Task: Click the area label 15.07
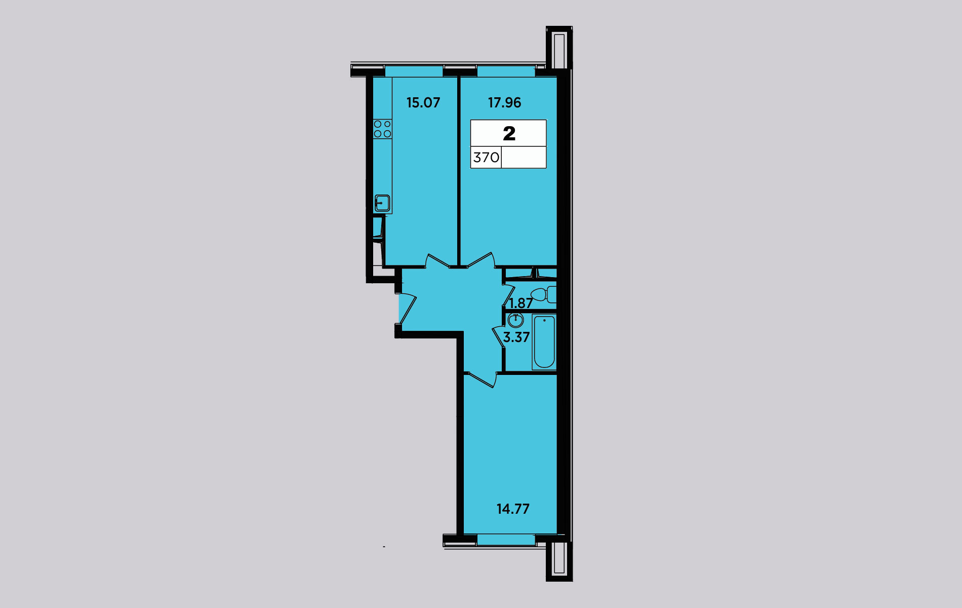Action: point(423,103)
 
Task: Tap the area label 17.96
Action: point(504,103)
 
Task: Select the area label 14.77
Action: point(513,509)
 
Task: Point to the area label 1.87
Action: point(520,303)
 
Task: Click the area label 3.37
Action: point(516,337)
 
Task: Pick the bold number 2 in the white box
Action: point(509,133)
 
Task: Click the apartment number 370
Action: point(486,158)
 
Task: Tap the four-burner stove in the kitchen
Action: point(382,129)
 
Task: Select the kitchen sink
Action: point(382,203)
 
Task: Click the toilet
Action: point(543,294)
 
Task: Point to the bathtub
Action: point(544,342)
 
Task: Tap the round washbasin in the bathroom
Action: point(515,320)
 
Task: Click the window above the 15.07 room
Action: point(414,71)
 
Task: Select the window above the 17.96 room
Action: point(506,71)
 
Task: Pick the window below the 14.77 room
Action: point(506,540)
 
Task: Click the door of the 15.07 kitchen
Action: point(437,261)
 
